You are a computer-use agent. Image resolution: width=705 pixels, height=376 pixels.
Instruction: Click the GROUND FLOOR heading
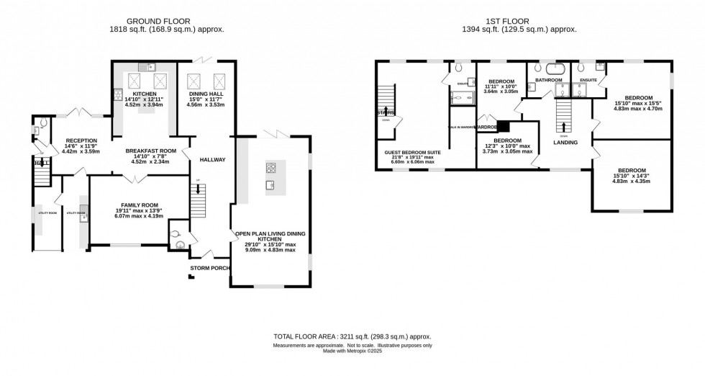[166, 20]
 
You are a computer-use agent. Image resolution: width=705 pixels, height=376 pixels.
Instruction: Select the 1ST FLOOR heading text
[524, 20]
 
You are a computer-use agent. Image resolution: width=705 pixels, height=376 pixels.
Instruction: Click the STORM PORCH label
[209, 268]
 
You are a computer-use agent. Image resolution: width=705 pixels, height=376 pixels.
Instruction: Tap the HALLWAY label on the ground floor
[213, 160]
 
